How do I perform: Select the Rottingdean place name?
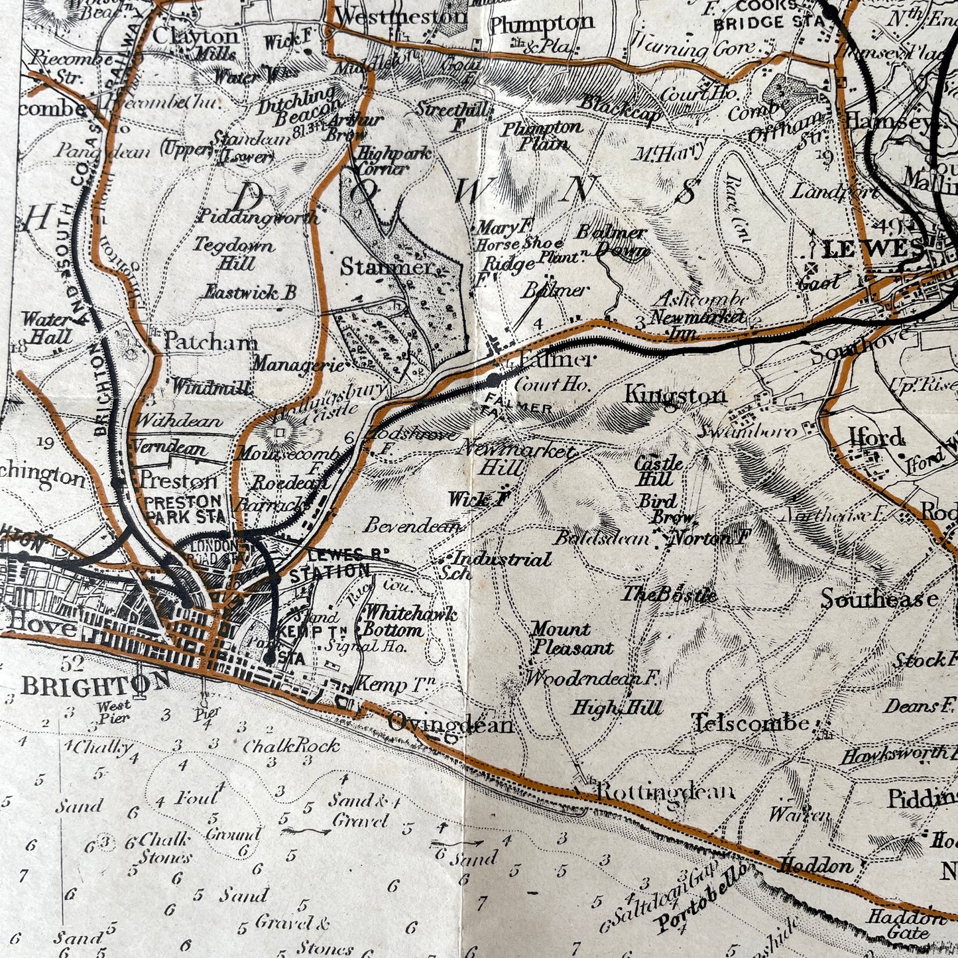[666, 792]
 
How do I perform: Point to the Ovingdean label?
[451, 724]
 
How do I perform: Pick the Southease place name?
[879, 599]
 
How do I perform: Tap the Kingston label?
[676, 396]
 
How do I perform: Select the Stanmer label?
[386, 267]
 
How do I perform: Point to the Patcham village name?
[211, 341]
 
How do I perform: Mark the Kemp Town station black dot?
[269, 658]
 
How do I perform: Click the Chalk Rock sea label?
[291, 746]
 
